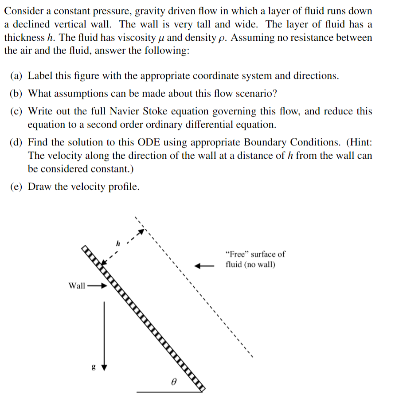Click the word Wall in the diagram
pos(77,286)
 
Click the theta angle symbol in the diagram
pos(174,380)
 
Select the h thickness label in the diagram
pos(117,243)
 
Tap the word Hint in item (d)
pos(360,142)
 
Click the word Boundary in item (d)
pos(265,142)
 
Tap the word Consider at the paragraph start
pos(22,11)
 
